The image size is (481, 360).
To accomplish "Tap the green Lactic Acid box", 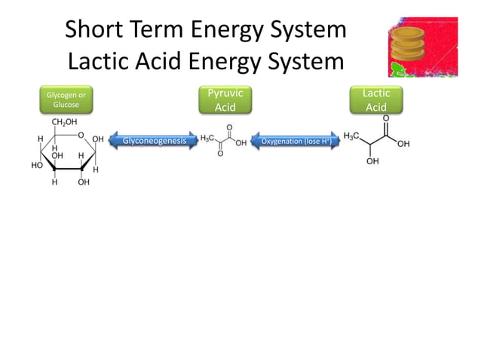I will click(x=376, y=99).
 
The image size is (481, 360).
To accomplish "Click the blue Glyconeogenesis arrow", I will click(x=154, y=140).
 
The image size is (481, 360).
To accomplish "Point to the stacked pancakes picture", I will click(x=422, y=47).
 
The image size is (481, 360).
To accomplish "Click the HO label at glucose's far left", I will click(x=36, y=165).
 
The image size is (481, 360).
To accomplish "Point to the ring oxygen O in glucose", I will click(x=80, y=136).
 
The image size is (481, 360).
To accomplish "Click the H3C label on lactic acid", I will click(x=352, y=136).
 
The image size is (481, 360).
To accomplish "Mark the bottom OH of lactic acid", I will click(x=373, y=161).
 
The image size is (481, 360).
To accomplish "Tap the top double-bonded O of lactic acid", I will click(x=386, y=118).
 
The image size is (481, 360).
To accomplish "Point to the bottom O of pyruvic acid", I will click(x=219, y=154).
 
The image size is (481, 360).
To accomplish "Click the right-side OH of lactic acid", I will click(x=404, y=144).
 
